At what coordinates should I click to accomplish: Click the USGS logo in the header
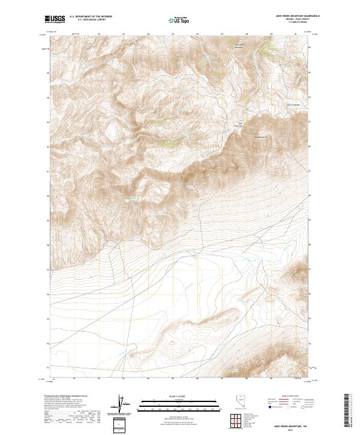click(55, 20)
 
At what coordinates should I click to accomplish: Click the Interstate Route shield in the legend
click(269, 407)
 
